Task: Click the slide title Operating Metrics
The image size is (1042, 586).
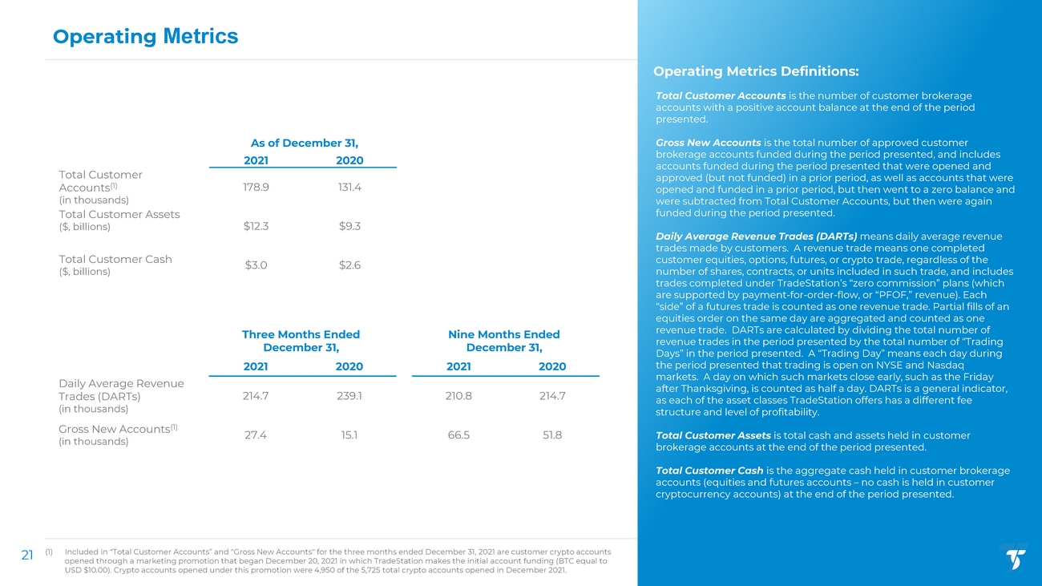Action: click(145, 36)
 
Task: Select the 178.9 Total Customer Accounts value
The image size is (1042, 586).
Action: click(256, 187)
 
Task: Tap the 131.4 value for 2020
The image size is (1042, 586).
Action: click(349, 187)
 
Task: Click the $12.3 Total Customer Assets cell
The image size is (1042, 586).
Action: click(256, 226)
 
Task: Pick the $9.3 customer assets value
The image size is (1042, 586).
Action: click(349, 226)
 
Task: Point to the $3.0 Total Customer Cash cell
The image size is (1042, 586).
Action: click(256, 265)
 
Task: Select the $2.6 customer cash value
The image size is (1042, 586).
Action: click(349, 265)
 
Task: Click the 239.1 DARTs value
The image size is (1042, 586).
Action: click(349, 396)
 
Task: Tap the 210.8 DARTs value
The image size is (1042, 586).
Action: click(458, 396)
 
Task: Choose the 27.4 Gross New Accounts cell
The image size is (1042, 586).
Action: click(256, 435)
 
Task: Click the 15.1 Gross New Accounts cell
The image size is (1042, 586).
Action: click(349, 435)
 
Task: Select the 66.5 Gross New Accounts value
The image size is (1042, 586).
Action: click(458, 435)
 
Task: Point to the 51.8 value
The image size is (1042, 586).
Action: click(552, 435)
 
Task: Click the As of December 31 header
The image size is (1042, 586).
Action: click(304, 143)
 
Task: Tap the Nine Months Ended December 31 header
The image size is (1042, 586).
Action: click(504, 341)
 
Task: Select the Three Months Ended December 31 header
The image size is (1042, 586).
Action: click(301, 341)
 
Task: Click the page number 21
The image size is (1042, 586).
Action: click(26, 555)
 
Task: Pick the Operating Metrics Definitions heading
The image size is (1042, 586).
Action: click(757, 71)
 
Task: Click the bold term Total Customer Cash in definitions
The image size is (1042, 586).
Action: click(709, 471)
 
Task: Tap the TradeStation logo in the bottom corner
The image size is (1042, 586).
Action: click(1016, 559)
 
